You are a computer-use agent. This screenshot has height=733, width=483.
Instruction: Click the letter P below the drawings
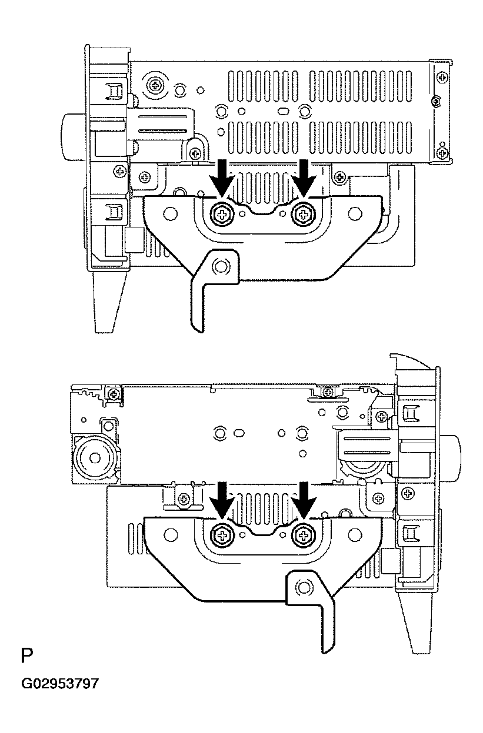click(x=26, y=656)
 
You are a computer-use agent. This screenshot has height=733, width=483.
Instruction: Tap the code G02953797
click(x=60, y=684)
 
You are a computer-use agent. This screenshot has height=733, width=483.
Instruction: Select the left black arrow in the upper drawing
click(x=222, y=178)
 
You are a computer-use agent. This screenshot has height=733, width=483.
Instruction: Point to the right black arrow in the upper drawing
click(x=304, y=178)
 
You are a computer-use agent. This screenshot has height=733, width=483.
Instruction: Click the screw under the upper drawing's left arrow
click(x=222, y=215)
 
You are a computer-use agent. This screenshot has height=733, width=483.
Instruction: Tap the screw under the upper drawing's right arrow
click(x=304, y=215)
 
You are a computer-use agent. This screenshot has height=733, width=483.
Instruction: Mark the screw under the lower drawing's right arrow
click(x=304, y=535)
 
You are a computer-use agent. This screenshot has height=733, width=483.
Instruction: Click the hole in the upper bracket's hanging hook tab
click(x=221, y=266)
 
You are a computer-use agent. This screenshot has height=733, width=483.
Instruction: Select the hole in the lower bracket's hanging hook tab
click(x=304, y=585)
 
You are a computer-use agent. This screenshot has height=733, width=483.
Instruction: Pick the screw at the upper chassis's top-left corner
click(x=156, y=85)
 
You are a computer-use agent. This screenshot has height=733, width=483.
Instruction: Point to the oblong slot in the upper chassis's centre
click(x=283, y=111)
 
